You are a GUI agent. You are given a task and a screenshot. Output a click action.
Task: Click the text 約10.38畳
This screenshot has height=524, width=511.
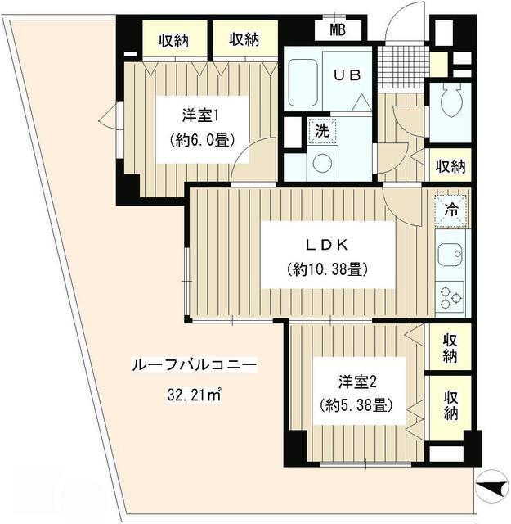pyautogui.click(x=325, y=269)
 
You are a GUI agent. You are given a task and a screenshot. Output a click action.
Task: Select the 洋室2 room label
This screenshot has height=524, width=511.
pyautogui.click(x=357, y=382)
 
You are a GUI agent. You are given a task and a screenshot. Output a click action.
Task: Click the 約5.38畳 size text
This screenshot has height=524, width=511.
pyautogui.click(x=356, y=405)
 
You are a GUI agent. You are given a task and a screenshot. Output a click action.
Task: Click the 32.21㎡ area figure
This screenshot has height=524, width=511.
pyautogui.click(x=195, y=395)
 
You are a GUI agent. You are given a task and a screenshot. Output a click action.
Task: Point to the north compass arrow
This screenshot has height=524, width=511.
pyautogui.click(x=487, y=487)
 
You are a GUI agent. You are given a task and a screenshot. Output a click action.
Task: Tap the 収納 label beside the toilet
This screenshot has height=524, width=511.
pyautogui.click(x=450, y=166)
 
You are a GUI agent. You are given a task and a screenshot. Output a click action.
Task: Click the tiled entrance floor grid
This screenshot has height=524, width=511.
pyautogui.click(x=401, y=61)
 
